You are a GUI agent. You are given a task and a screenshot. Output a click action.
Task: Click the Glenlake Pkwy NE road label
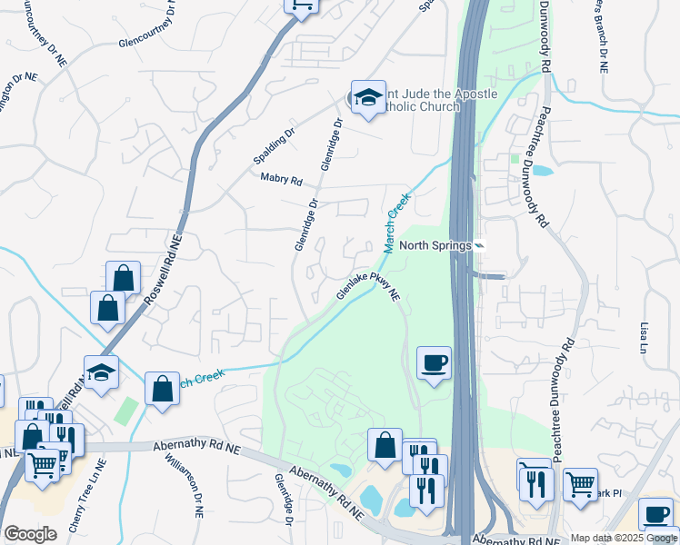click(369, 289)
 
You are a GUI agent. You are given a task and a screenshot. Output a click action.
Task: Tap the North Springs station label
click(433, 246)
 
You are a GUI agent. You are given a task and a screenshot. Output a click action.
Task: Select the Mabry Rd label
click(281, 179)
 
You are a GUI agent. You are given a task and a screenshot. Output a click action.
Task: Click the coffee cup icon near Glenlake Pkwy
click(434, 363)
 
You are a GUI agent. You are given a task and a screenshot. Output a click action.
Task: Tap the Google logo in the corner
click(30, 534)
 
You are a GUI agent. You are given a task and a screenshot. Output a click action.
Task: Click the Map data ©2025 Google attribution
click(625, 538)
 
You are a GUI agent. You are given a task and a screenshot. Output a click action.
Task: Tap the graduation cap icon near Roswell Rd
click(101, 372)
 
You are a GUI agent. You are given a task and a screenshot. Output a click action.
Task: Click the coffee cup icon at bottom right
click(655, 513)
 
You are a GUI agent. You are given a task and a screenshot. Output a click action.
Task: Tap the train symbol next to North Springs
click(479, 246)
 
